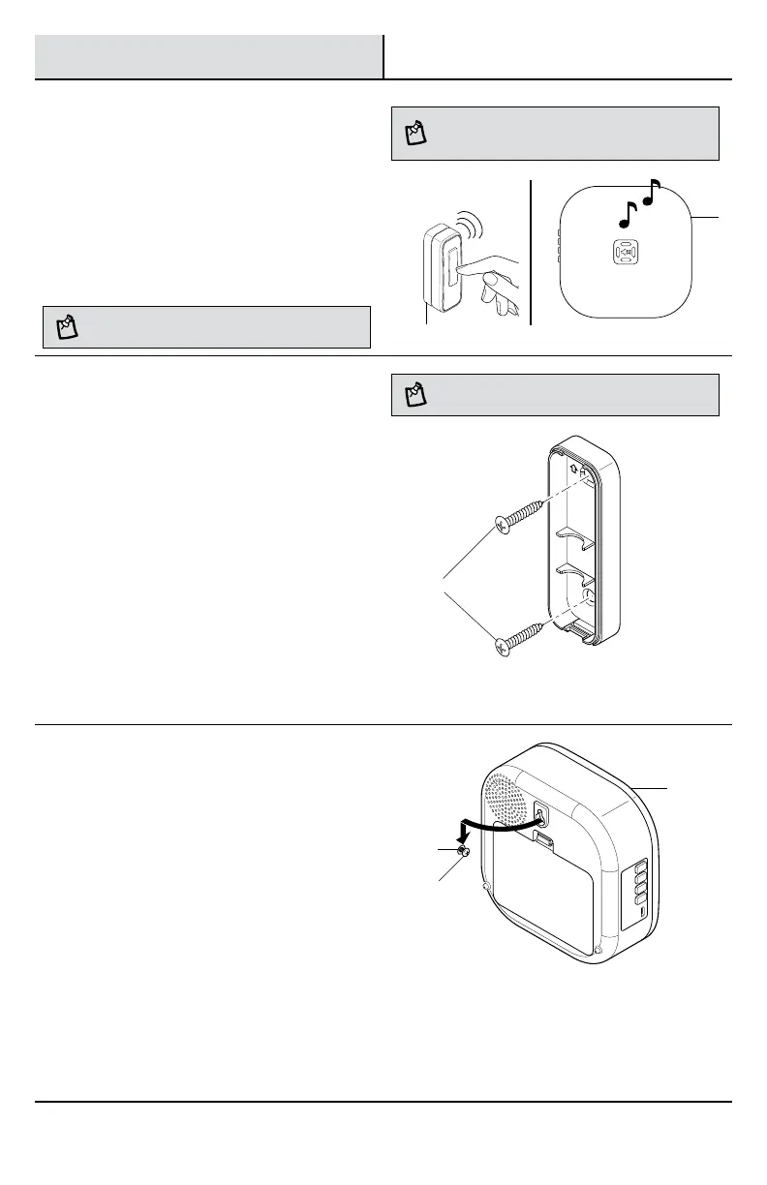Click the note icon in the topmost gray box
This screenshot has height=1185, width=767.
[x=415, y=134]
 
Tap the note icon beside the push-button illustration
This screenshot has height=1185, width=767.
[x=67, y=327]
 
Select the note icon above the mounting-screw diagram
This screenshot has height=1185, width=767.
[x=415, y=394]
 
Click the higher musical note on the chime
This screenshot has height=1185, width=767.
[x=652, y=194]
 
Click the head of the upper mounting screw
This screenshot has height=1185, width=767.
[x=504, y=524]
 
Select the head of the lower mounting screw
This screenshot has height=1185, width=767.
[x=504, y=644]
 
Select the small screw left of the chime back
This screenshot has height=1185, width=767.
[x=464, y=853]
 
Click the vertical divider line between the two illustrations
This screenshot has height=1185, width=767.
[x=532, y=252]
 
